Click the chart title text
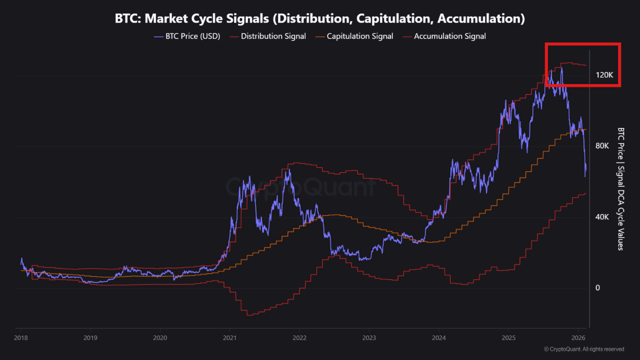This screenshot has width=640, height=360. tap(320, 18)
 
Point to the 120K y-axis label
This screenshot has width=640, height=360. tap(604, 75)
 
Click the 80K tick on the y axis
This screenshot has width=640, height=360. tap(602, 146)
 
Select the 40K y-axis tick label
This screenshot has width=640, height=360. tap(602, 217)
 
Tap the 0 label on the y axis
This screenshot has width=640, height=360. tap(597, 288)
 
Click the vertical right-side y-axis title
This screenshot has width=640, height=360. tap(620, 188)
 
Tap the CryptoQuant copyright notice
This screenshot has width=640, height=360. tap(583, 349)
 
